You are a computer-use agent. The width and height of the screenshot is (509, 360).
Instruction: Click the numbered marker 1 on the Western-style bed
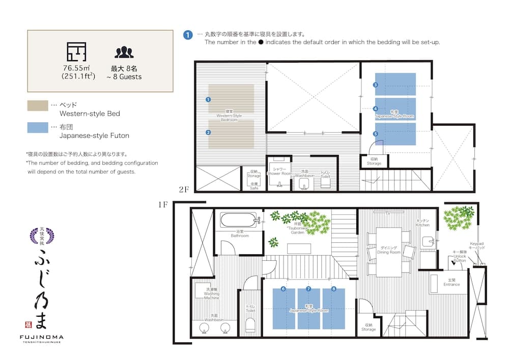click(x=208, y=99)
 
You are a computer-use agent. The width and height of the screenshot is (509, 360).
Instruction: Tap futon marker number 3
click(x=376, y=85)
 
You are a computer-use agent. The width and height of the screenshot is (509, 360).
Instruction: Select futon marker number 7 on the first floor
click(x=308, y=289)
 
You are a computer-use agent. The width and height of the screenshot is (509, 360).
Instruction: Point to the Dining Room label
click(x=389, y=250)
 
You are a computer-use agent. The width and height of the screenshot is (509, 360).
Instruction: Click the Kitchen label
click(x=422, y=223)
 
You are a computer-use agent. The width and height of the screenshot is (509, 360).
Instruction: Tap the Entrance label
click(x=451, y=283)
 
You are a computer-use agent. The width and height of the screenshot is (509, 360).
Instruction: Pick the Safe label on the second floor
click(x=254, y=186)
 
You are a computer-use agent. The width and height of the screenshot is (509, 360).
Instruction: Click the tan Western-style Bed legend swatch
click(x=37, y=105)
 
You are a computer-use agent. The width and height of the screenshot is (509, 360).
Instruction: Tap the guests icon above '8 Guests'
click(x=124, y=52)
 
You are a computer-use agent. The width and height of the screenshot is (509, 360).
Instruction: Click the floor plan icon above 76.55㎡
click(x=76, y=52)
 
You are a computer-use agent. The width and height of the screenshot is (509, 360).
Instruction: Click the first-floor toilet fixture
click(x=250, y=325)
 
